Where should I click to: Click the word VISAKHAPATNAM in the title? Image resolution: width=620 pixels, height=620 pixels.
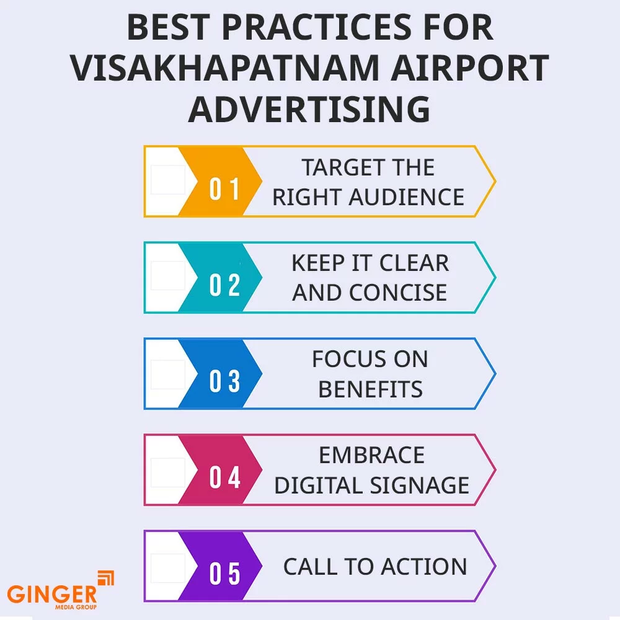[x=225, y=68]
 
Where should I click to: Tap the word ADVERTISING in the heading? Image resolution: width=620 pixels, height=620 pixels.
[x=309, y=109]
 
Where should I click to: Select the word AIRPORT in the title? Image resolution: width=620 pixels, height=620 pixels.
[x=470, y=68]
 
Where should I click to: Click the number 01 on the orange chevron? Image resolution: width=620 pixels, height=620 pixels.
[x=224, y=189]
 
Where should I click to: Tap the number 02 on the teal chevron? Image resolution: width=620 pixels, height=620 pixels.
[x=224, y=285]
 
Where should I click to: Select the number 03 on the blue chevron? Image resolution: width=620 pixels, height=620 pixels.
[x=224, y=381]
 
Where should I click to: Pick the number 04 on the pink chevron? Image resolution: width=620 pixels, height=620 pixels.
[x=224, y=477]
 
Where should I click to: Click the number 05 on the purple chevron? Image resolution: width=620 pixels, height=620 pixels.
[x=224, y=573]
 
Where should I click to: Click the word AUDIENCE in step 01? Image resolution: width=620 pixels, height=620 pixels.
[x=407, y=197]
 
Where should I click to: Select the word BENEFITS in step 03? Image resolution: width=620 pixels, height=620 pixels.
[x=371, y=389]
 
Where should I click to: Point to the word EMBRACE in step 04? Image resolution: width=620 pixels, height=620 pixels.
[x=371, y=455]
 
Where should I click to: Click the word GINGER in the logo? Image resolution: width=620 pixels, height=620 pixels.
[x=52, y=594]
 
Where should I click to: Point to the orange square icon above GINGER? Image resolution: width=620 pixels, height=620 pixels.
[x=106, y=578]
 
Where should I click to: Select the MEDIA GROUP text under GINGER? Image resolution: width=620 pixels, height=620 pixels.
[x=76, y=607]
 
